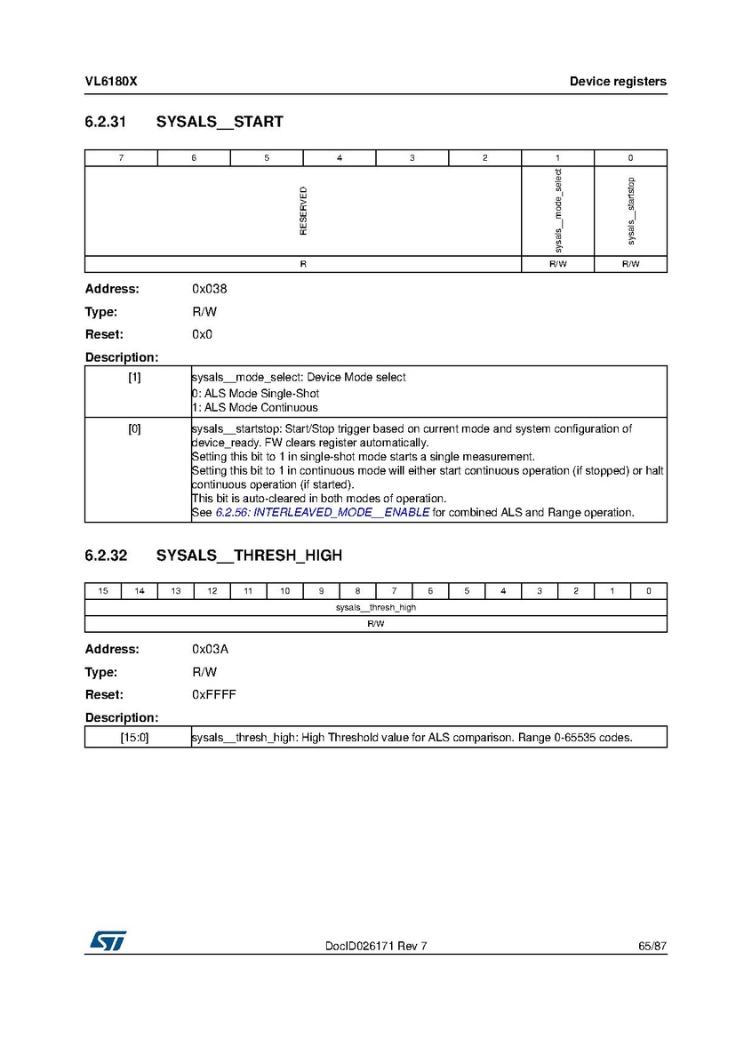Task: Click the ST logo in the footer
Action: (x=107, y=940)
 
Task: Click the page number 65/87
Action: (x=652, y=946)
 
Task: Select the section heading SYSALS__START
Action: (x=220, y=122)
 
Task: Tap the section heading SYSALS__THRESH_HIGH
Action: (x=249, y=556)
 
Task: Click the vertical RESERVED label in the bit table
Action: (x=303, y=211)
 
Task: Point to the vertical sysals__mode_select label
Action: (x=558, y=211)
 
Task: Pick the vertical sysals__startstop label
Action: (x=631, y=211)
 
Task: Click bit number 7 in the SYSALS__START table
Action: (x=121, y=158)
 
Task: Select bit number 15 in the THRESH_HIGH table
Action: (x=103, y=591)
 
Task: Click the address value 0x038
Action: (x=204, y=289)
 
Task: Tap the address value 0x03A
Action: (x=204, y=649)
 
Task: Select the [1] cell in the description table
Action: (x=134, y=377)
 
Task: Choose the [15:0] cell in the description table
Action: (x=134, y=737)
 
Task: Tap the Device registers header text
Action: (x=618, y=82)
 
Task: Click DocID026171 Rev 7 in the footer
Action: (x=376, y=946)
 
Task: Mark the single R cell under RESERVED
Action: (x=303, y=264)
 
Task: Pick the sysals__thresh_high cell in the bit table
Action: (x=376, y=607)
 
